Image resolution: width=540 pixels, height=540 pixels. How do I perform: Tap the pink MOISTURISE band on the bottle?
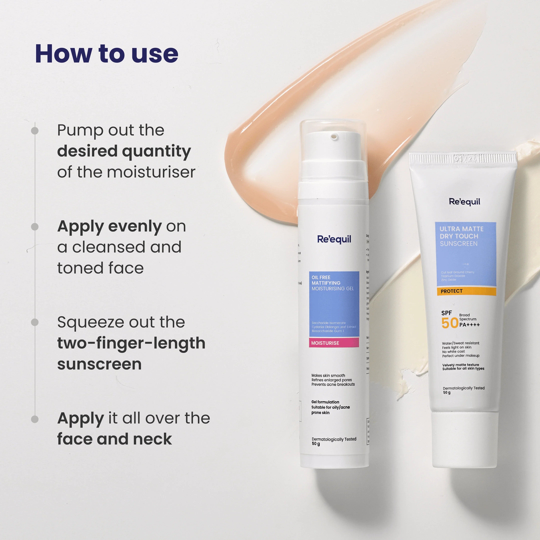(x=334, y=343)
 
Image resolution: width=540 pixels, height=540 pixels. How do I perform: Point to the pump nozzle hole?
(x=334, y=136)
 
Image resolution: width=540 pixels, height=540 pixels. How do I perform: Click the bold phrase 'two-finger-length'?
(x=131, y=343)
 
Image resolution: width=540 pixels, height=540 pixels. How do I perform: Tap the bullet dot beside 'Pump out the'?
(x=35, y=130)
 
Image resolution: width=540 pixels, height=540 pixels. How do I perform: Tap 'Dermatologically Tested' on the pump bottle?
(x=334, y=439)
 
